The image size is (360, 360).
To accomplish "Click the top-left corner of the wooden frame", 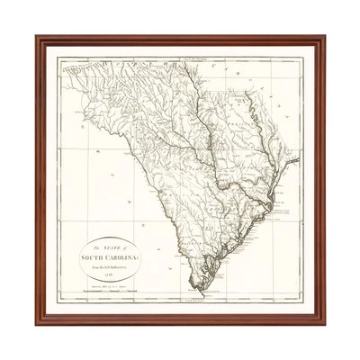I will [37, 37].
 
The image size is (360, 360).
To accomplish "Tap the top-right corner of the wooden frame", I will [324, 37].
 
